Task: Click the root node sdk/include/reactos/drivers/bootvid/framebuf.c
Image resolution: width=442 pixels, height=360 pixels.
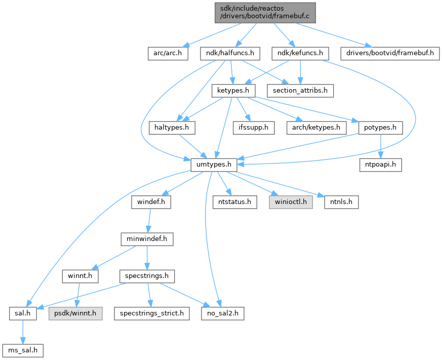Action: click(265, 12)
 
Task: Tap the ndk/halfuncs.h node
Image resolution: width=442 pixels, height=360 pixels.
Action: click(230, 52)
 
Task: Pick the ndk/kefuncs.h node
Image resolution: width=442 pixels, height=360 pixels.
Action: click(301, 52)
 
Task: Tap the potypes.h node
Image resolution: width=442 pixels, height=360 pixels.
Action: click(380, 127)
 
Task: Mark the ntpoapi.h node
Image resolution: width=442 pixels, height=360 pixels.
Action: click(381, 165)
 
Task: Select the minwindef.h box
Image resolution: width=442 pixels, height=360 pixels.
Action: click(147, 238)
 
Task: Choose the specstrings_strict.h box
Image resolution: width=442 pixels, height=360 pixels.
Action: click(152, 313)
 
